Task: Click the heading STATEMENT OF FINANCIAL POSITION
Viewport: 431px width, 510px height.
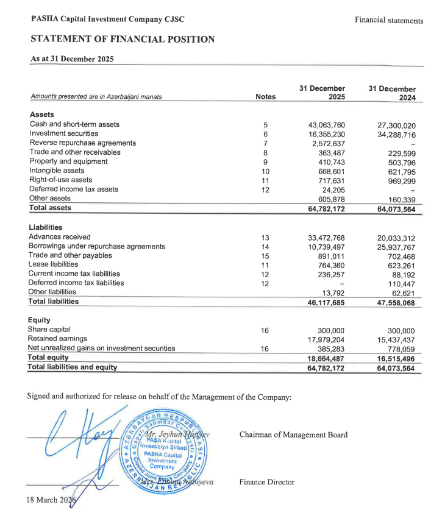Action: (x=123, y=40)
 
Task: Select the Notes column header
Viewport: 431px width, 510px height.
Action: (x=265, y=97)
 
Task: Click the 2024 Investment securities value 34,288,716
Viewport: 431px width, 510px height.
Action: (x=396, y=134)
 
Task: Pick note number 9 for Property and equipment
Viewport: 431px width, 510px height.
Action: (x=265, y=162)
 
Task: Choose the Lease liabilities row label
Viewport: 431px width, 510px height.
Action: (x=53, y=264)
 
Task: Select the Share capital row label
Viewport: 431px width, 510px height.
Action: (x=50, y=330)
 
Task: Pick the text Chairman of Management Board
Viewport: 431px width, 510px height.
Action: (x=293, y=434)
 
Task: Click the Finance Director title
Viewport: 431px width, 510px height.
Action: (x=267, y=482)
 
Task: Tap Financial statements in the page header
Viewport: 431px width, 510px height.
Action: (x=388, y=21)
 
